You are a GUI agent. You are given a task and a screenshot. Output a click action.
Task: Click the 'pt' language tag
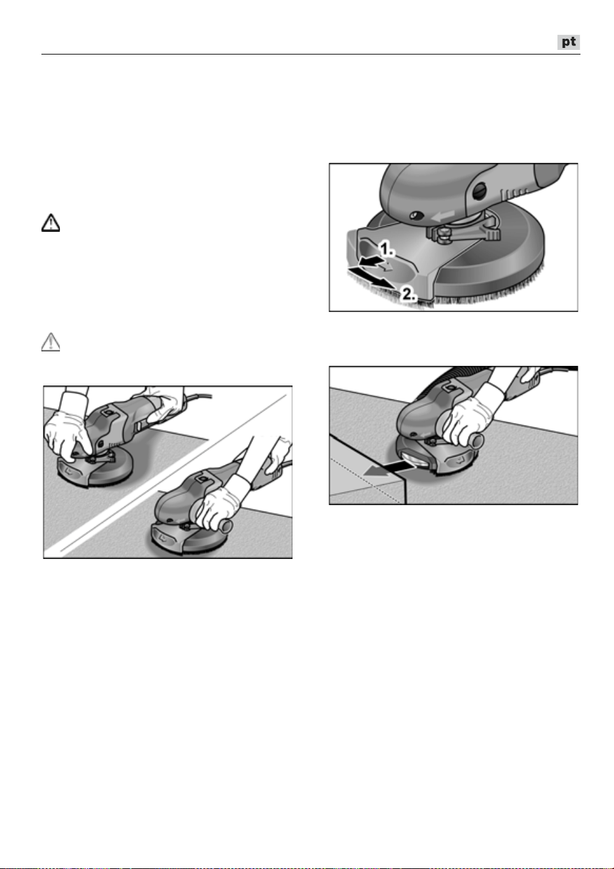point(569,42)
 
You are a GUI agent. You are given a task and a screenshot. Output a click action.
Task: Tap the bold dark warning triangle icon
point(51,223)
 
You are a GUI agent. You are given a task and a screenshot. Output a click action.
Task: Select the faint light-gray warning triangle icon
point(51,342)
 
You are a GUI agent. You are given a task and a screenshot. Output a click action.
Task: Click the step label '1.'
point(387,248)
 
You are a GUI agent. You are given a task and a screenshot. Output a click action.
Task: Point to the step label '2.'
point(408,294)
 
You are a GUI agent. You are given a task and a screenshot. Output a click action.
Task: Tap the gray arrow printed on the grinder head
point(443,215)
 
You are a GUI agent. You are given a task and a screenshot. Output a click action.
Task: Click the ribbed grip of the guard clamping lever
point(491,234)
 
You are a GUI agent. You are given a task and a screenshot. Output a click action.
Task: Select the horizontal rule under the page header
point(311,55)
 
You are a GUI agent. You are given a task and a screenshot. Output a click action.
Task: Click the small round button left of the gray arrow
point(417,215)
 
